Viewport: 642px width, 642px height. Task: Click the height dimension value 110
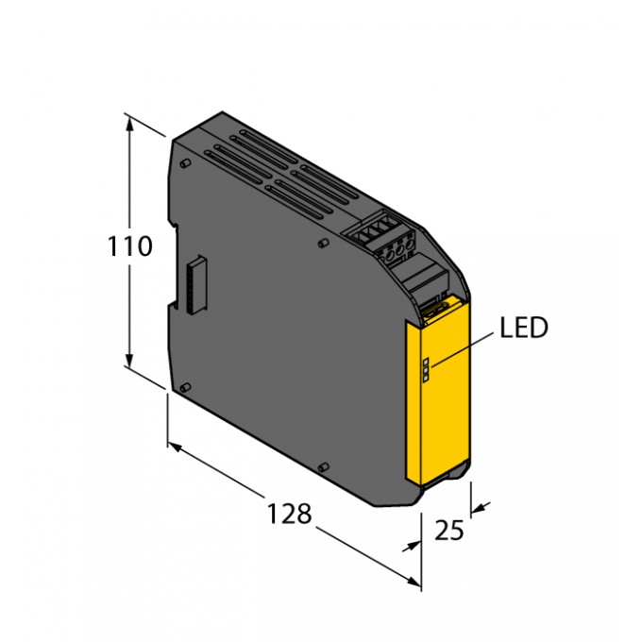pos(129,246)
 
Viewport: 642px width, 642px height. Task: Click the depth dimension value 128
pos(289,514)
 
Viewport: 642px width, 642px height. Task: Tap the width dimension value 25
pos(449,531)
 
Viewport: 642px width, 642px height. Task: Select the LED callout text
pos(524,328)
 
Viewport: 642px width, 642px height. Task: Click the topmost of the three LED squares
pos(426,361)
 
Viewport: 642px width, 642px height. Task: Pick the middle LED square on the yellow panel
pos(426,370)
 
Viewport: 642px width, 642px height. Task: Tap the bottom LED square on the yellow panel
pos(426,379)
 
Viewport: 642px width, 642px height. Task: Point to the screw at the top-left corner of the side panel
pos(185,163)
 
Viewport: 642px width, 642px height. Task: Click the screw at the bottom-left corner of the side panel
pos(185,387)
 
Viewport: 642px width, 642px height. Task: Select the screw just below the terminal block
pos(324,244)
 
